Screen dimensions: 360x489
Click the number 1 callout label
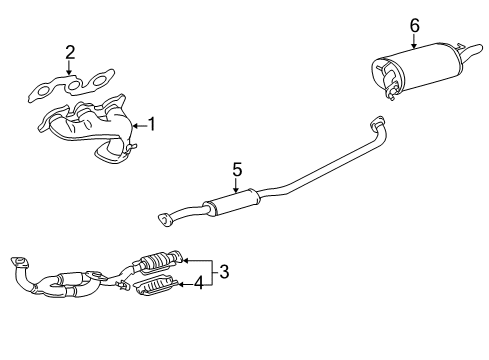153,125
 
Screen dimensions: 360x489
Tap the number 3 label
225,270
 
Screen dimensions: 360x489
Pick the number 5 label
237,170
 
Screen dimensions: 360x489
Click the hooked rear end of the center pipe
378,151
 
